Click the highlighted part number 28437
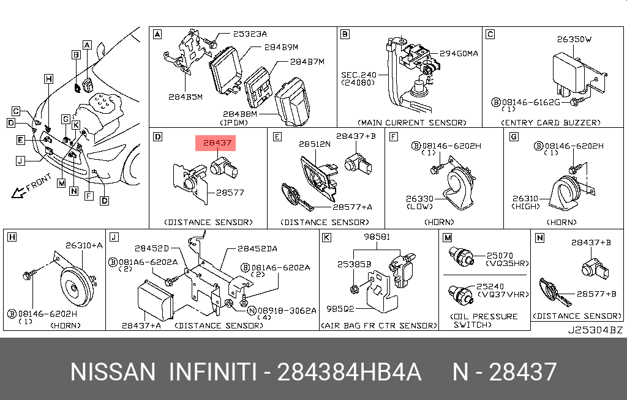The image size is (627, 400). tap(215, 144)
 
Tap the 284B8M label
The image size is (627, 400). tap(239, 114)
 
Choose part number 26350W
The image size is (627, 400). tap(574, 40)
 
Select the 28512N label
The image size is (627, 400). tap(315, 145)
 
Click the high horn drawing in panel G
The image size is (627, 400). tap(562, 190)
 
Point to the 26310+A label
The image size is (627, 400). tap(84, 246)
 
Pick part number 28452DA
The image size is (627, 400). tap(257, 248)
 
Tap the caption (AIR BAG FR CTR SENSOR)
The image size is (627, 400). tap(378, 326)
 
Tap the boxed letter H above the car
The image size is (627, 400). tap(48, 78)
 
